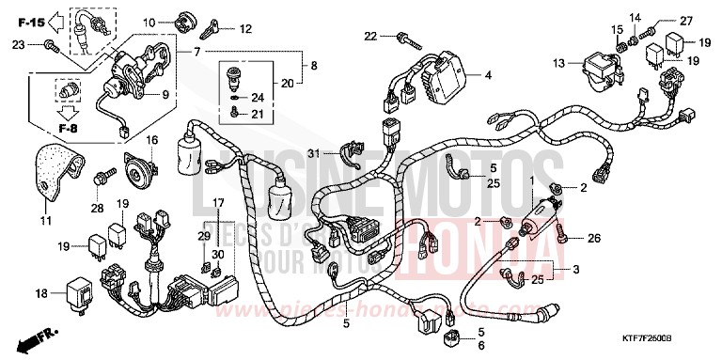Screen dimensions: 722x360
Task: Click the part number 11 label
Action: (46, 221)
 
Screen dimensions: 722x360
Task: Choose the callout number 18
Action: (41, 293)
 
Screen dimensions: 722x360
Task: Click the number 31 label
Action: (319, 153)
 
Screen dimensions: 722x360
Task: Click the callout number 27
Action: (685, 21)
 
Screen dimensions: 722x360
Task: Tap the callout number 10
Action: (149, 21)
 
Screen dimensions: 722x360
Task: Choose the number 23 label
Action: (20, 44)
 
